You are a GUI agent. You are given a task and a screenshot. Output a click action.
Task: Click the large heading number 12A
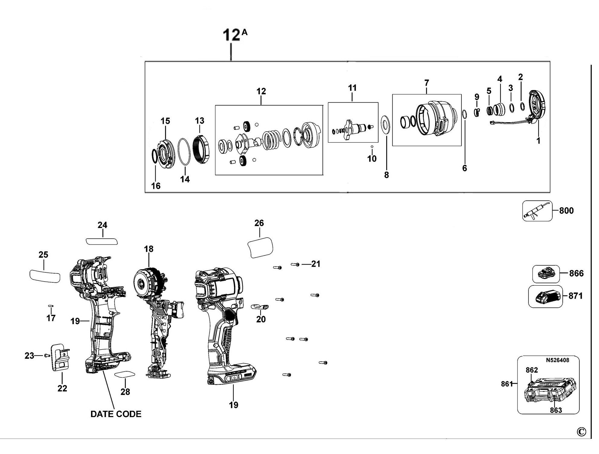pyautogui.click(x=235, y=35)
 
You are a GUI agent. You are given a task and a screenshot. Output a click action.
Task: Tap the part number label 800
pyautogui.click(x=566, y=211)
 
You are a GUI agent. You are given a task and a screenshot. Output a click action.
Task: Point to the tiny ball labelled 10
pyautogui.click(x=372, y=146)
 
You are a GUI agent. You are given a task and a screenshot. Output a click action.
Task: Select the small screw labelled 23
pyautogui.click(x=47, y=355)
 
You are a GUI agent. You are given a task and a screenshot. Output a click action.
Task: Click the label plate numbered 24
pyautogui.click(x=102, y=241)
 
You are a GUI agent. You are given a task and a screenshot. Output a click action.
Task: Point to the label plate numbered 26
pyautogui.click(x=260, y=248)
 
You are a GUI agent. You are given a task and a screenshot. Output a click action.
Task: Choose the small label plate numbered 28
pyautogui.click(x=125, y=374)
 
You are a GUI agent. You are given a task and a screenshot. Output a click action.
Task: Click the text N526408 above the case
pyautogui.click(x=558, y=360)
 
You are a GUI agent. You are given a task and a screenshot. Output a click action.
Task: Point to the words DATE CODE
pyautogui.click(x=116, y=414)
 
